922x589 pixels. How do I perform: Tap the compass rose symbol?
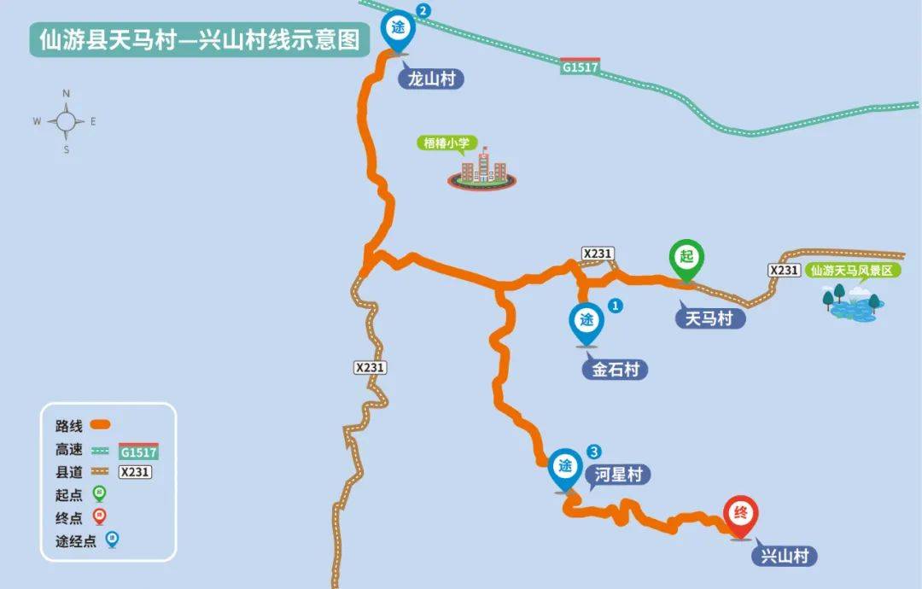click(66, 121)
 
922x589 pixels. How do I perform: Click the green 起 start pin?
click(686, 258)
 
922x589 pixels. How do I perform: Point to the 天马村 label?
click(709, 318)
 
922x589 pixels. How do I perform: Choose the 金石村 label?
click(614, 370)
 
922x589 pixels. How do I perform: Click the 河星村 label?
click(617, 475)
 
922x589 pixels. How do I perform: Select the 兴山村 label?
click(784, 557)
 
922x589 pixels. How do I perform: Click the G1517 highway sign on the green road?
click(581, 67)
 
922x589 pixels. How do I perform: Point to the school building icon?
click(482, 171)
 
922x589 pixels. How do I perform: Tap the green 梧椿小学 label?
click(448, 143)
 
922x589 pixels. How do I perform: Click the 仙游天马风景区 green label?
click(855, 271)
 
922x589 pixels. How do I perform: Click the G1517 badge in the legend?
click(138, 452)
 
